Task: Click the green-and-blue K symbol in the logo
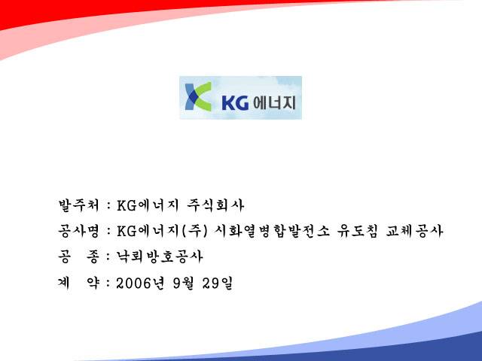[198, 96]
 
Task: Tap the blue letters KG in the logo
[235, 102]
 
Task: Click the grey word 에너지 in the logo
[274, 102]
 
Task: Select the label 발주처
[78, 205]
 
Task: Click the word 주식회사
[215, 205]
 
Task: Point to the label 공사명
[78, 231]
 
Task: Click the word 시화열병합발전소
[272, 231]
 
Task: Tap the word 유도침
[357, 231]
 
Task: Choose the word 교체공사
[414, 231]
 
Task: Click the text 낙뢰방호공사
[160, 256]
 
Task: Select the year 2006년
[141, 283]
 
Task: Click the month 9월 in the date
[183, 283]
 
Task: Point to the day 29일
[218, 283]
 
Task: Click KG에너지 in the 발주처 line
[148, 205]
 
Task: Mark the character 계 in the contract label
[63, 283]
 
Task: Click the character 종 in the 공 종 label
[93, 256]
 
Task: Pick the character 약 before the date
[93, 283]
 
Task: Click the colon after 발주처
[108, 205]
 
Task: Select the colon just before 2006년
[108, 284]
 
